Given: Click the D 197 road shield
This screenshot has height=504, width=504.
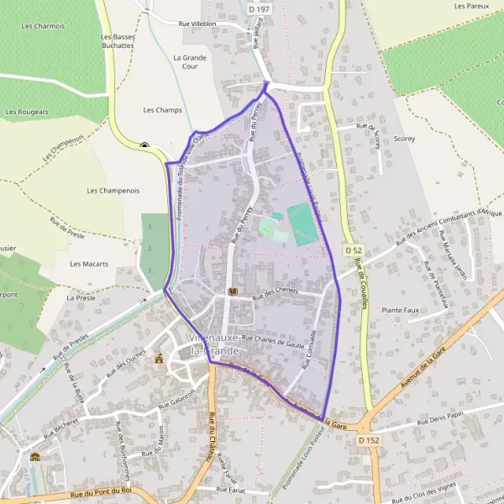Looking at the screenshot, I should [x=260, y=8].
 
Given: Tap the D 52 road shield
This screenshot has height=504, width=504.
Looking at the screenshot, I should [x=354, y=250].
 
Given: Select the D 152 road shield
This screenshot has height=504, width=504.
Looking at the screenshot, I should [x=366, y=439].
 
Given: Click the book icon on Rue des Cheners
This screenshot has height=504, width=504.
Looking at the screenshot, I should [x=234, y=291].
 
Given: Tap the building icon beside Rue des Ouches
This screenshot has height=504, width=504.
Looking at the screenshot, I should [x=159, y=359].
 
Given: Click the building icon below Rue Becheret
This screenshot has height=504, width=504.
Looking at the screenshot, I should [x=35, y=456].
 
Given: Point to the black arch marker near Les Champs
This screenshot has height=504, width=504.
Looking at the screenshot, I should [x=144, y=145].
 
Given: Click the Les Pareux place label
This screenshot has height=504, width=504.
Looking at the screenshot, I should [x=471, y=6].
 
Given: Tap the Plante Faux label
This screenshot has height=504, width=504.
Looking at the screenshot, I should [x=400, y=310].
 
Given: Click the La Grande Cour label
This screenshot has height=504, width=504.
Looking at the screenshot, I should [x=184, y=62].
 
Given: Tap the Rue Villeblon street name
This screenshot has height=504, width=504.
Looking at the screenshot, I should [x=197, y=24].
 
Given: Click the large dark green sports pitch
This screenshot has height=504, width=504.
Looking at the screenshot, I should [x=302, y=224].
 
